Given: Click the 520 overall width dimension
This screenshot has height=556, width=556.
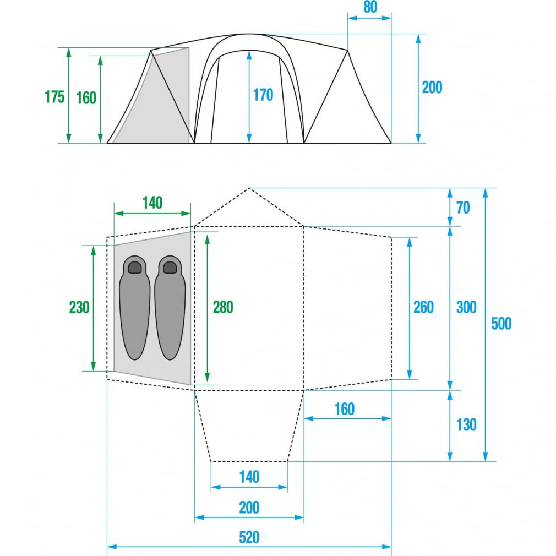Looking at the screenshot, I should coord(249,537).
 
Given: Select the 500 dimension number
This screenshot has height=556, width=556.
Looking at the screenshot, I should coord(501,324).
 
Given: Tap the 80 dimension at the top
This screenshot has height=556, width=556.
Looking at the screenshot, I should coord(369,8).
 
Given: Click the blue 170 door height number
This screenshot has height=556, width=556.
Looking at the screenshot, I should coord(263,95).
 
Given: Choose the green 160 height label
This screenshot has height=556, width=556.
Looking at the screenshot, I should coord(86,98).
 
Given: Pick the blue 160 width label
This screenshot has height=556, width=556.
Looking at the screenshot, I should coord(344,409).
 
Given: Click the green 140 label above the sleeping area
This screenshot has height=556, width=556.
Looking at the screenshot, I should coord(152,203).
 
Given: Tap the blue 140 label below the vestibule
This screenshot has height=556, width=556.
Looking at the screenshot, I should coord(249,476).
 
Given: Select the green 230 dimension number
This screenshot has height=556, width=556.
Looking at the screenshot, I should coord(79,307).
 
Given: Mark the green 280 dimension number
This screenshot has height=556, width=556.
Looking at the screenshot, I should coord(223,307).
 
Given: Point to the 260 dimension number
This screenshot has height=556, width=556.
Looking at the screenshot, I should coord(423,307).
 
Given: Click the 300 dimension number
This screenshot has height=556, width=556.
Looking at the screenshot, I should coord(466,307).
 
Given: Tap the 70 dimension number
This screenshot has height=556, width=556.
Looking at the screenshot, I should coord(463,208).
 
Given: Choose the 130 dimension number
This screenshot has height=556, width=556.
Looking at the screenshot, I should coord(466,424).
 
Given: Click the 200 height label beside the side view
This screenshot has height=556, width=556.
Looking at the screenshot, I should coord(432,88).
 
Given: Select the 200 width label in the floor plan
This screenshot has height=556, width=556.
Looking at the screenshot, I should coord(249,507).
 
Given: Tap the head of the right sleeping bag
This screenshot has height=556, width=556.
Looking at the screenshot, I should coord(170,268).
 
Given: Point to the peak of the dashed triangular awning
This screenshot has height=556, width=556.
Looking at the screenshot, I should coord(249,188).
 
